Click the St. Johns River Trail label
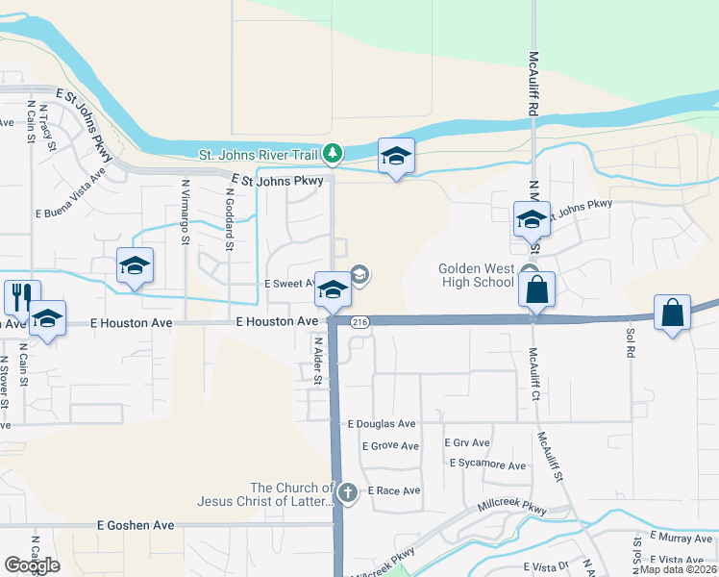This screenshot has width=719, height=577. tap(259, 154)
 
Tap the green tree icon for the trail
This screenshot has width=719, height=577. tap(332, 153)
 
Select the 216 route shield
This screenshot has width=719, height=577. tap(359, 321)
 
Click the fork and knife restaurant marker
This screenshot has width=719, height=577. tap(19, 296)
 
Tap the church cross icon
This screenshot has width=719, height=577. tap(347, 493)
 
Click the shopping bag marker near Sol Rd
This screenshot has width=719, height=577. tap(673, 313)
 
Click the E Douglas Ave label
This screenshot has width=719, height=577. tap(382, 423)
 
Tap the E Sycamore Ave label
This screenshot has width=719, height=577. tap(487, 465)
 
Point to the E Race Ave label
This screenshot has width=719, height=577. tap(393, 490)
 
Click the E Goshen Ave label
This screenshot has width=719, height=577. tap(136, 525)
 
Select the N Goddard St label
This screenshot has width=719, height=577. tap(230, 218)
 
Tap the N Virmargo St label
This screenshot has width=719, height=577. tap(185, 213)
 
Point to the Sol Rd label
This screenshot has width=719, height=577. tap(631, 343)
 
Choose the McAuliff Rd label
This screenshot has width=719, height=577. tap(532, 86)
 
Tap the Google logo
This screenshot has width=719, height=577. tap(32, 564)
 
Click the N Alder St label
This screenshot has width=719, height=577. tap(317, 359)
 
